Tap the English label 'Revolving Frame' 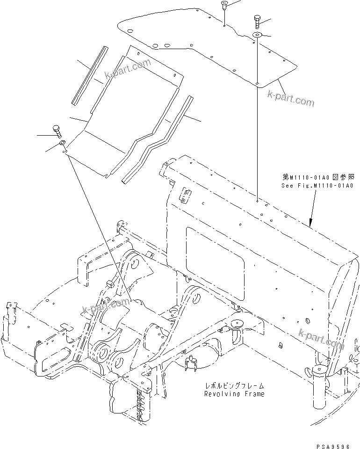234,394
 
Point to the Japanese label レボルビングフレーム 234,386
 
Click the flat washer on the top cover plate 258,36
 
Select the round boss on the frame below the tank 237,322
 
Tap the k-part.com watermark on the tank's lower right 321,338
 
